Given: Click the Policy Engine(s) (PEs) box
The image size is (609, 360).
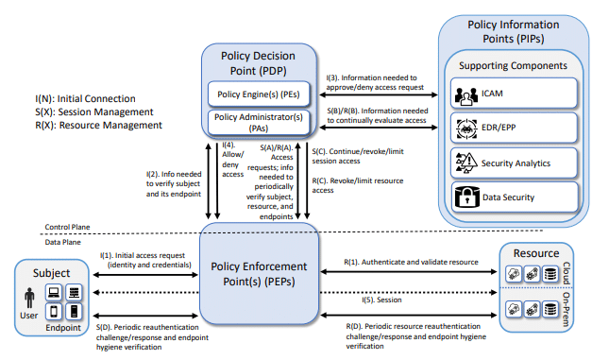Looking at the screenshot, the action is pyautogui.click(x=259, y=94).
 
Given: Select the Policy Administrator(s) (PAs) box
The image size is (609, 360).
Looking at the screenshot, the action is pyautogui.click(x=259, y=123).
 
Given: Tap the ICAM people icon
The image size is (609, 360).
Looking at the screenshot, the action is pyautogui.click(x=466, y=95).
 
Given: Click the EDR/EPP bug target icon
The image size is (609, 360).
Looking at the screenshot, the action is pyautogui.click(x=466, y=129).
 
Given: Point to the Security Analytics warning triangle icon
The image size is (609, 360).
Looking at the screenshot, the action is pyautogui.click(x=466, y=163).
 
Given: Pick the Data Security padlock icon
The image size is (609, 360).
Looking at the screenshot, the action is pyautogui.click(x=466, y=197).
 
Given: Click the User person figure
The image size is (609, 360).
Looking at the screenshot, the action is pyautogui.click(x=29, y=299).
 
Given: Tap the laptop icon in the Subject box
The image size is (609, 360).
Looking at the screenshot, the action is pyautogui.click(x=54, y=292).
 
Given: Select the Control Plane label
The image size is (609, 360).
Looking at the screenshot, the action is pyautogui.click(x=67, y=227).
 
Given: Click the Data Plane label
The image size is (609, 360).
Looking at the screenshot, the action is pyautogui.click(x=63, y=242).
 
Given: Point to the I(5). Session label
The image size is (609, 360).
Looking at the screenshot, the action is pyautogui.click(x=381, y=300).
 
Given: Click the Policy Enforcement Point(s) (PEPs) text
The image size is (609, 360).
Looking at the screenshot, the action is pyautogui.click(x=259, y=274).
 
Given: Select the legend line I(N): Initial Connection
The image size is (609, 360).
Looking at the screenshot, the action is pyautogui.click(x=85, y=99).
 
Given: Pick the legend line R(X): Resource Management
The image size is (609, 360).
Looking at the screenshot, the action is pyautogui.click(x=98, y=125).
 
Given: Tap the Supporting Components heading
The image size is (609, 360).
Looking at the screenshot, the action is pyautogui.click(x=513, y=65).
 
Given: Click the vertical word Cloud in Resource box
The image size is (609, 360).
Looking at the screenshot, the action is pyautogui.click(x=567, y=272).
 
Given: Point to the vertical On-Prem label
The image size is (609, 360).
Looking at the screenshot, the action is pyautogui.click(x=567, y=310).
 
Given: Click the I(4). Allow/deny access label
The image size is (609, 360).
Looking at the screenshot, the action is pyautogui.click(x=232, y=160).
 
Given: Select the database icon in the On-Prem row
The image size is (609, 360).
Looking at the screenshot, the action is pyautogui.click(x=550, y=310).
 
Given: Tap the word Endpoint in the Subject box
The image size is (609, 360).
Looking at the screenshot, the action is pyautogui.click(x=63, y=328).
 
